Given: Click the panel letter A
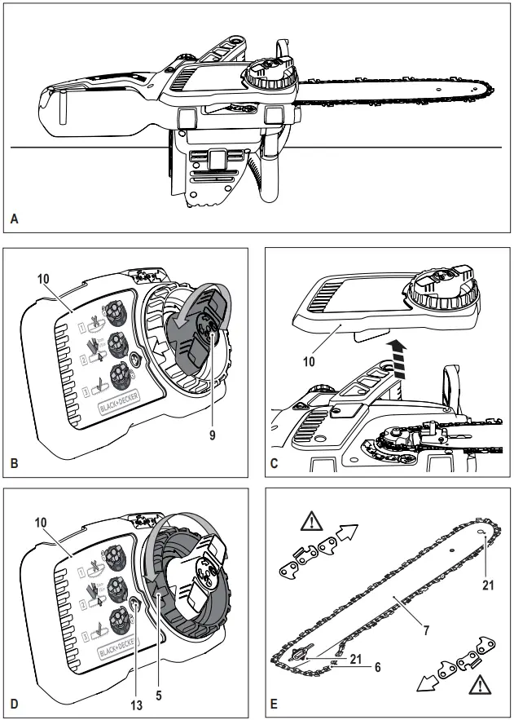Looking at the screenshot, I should (x=14, y=219).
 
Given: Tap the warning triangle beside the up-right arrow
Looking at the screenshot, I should (x=311, y=520).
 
